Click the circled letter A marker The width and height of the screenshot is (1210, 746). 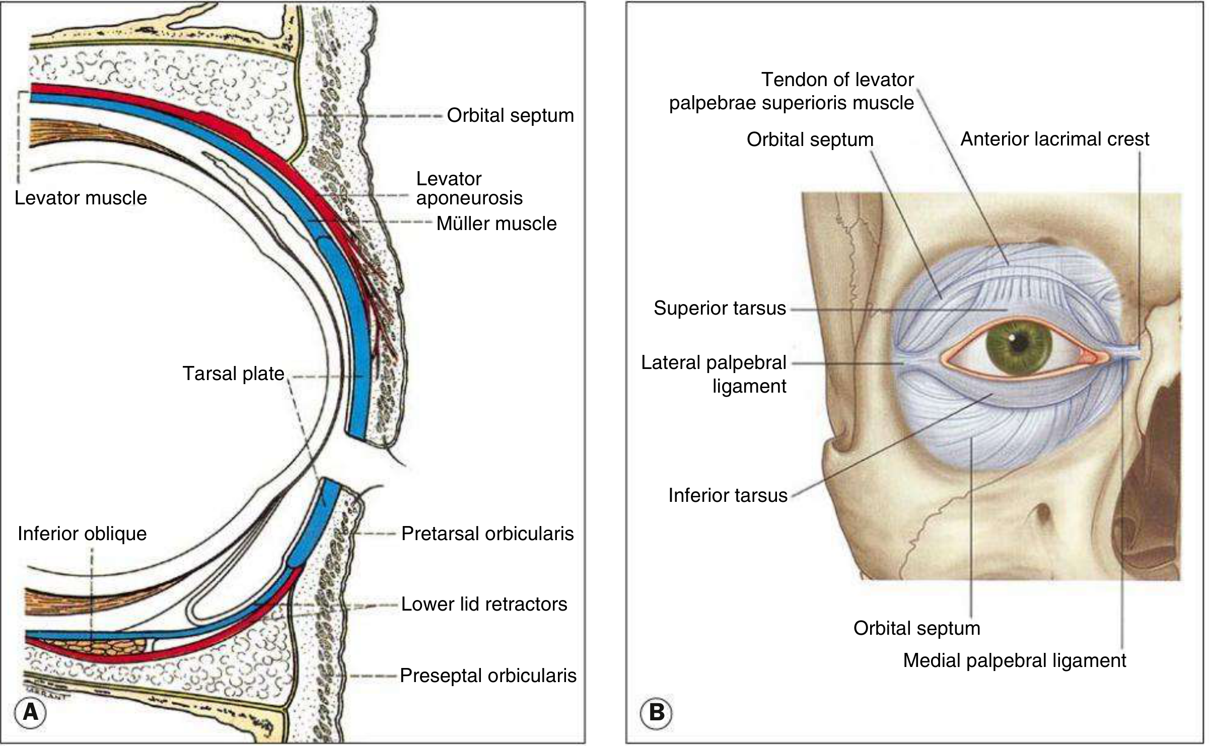point(31,713)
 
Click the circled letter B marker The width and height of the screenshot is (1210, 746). point(656,713)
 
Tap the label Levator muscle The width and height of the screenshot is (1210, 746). point(81,198)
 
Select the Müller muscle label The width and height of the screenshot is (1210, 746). point(496,223)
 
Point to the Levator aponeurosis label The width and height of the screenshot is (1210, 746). point(469,188)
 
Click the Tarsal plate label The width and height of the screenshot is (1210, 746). point(233,374)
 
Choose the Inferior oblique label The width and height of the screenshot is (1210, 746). point(82,534)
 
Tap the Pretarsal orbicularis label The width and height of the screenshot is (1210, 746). point(487,534)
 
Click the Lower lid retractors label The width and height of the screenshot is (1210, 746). point(484,604)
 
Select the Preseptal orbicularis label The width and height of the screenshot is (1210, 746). point(488,676)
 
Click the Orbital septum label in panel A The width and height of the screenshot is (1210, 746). point(510,115)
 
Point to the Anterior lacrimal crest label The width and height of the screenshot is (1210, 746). point(1055,139)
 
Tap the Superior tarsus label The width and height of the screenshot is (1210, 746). point(720,308)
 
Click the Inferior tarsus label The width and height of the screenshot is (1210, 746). point(728,495)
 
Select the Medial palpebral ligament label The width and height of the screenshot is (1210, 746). point(1015,660)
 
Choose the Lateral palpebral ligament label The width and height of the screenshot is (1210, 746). point(714,374)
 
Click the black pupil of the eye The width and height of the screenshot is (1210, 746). point(1020,343)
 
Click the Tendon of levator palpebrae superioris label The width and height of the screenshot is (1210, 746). point(791,91)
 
